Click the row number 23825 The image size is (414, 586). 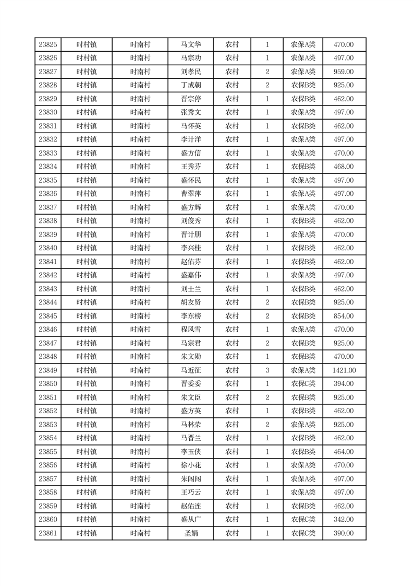48,45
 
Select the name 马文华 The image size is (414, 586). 190,45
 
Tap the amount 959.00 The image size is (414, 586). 344,72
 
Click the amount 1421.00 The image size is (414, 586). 344,370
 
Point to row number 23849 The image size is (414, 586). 48,370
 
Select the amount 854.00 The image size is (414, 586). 344,316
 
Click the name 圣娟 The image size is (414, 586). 190,533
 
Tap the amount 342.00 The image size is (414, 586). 344,520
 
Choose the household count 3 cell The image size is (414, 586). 267,370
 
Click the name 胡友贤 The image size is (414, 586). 190,302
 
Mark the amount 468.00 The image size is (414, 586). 344,167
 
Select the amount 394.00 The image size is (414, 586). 344,384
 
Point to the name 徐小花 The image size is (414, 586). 190,465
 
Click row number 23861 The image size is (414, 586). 48,533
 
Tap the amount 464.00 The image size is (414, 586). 344,452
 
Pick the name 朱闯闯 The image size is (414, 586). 190,479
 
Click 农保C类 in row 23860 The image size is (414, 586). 303,520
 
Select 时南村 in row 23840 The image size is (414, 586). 140,248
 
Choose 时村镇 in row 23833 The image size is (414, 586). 87,153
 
